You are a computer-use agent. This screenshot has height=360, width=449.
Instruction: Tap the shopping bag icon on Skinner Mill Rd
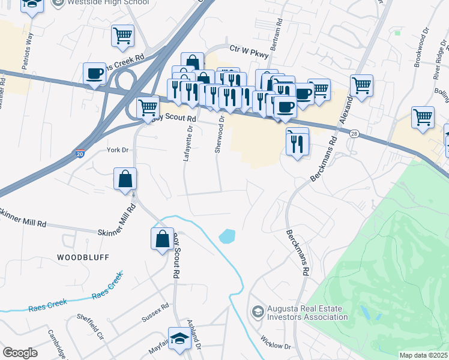125,179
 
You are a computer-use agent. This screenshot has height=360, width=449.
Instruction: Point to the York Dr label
117,150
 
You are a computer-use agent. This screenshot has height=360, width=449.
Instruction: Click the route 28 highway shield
355,133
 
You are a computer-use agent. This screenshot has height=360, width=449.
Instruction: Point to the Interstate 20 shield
80,154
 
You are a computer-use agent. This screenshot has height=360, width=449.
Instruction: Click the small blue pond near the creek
227,236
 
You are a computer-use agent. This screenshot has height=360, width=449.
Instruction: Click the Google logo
20,353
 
